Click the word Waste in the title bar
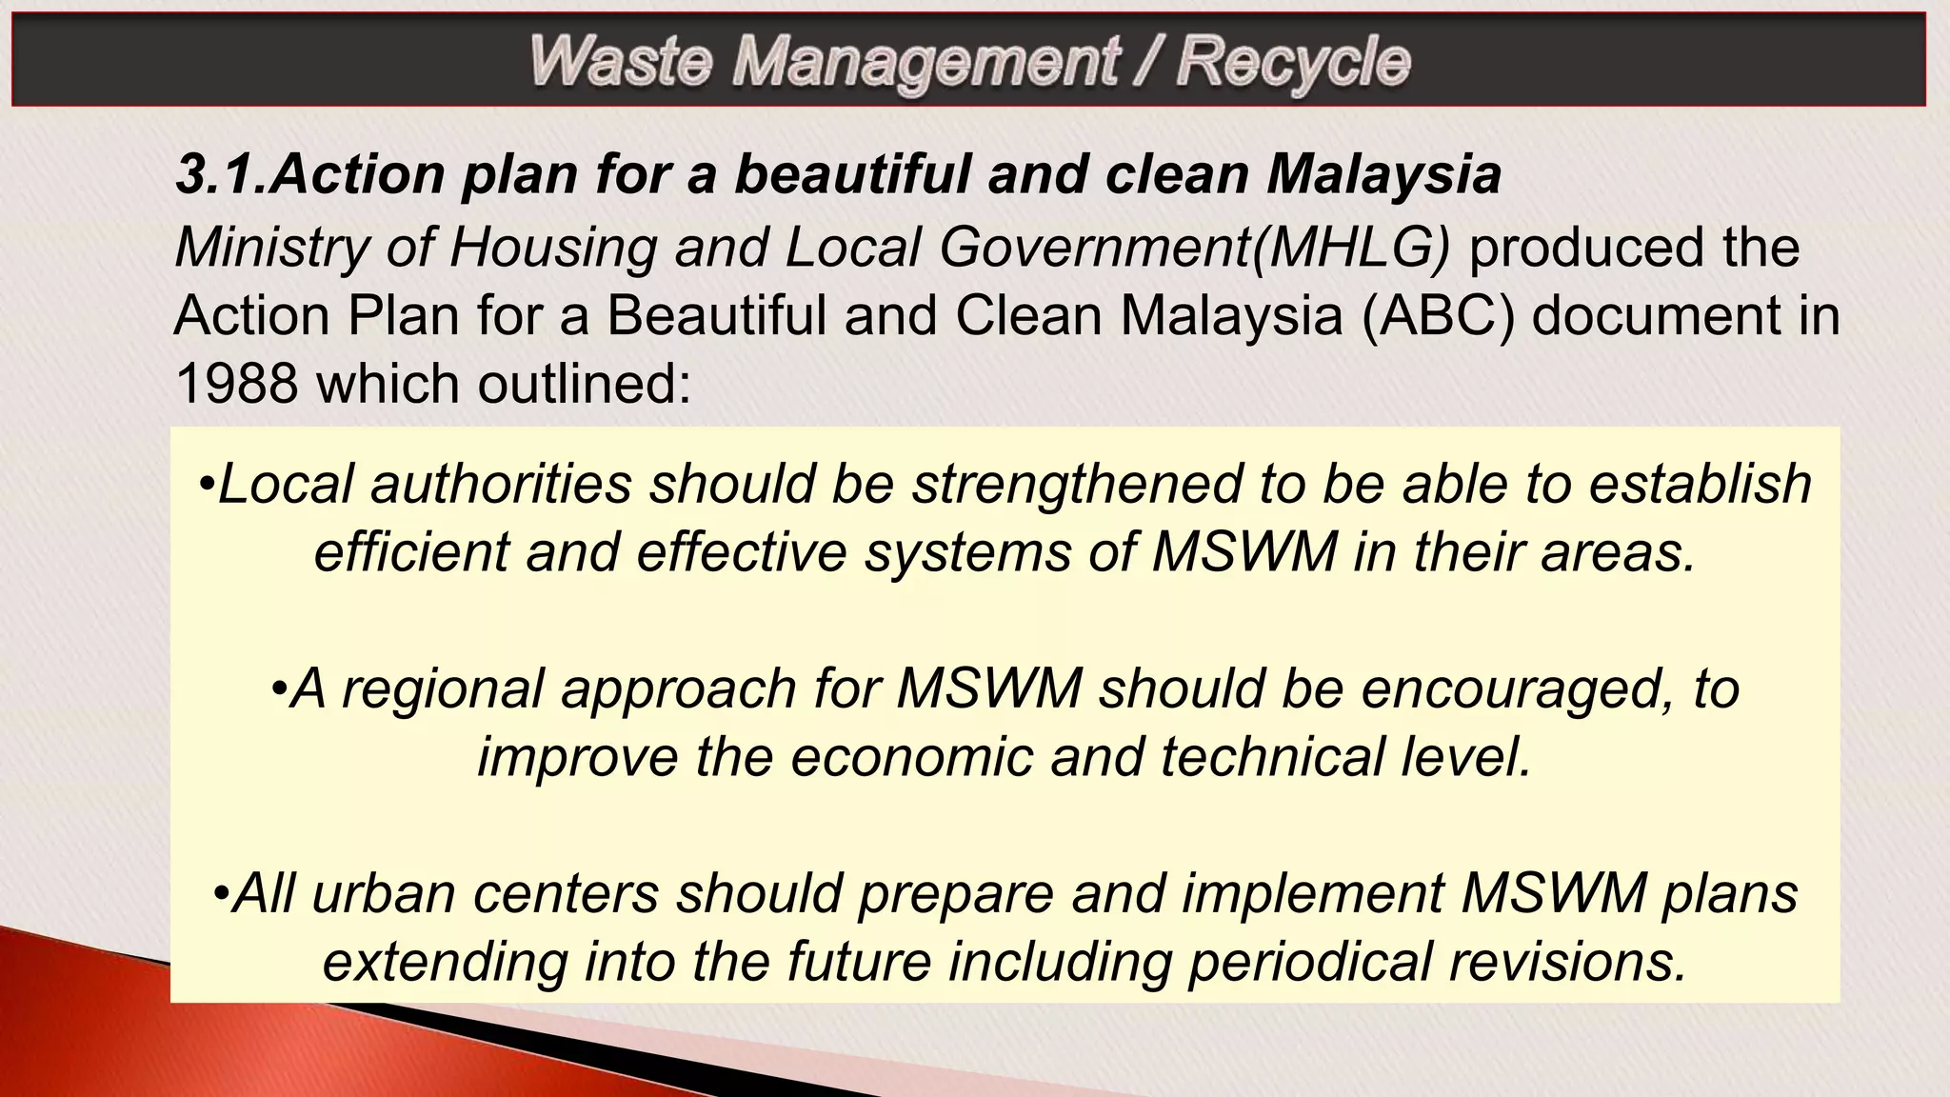click(x=620, y=61)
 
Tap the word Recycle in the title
click(x=1293, y=63)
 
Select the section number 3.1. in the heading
click(x=222, y=174)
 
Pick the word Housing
click(x=552, y=248)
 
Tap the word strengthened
click(x=1077, y=484)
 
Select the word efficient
click(x=411, y=551)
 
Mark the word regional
click(x=442, y=688)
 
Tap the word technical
click(x=1270, y=757)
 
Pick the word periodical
click(x=1309, y=962)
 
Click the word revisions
click(x=1568, y=962)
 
